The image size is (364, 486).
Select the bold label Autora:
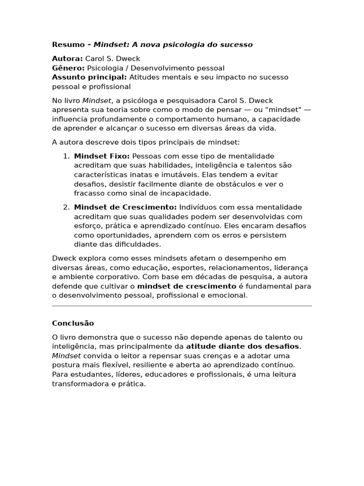pyautogui.click(x=67, y=59)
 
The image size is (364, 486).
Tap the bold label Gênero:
pyautogui.click(x=68, y=68)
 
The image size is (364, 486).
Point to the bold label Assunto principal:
pyautogui.click(x=89, y=77)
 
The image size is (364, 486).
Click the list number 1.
pyautogui.click(x=66, y=156)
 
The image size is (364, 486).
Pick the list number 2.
pyautogui.click(x=66, y=207)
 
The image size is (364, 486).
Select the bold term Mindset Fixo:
pyautogui.click(x=102, y=156)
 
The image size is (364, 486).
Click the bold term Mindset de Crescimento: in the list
pyautogui.click(x=125, y=207)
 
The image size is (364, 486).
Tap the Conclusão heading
pyautogui.click(x=73, y=323)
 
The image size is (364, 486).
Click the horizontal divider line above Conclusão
pyautogui.click(x=182, y=306)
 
